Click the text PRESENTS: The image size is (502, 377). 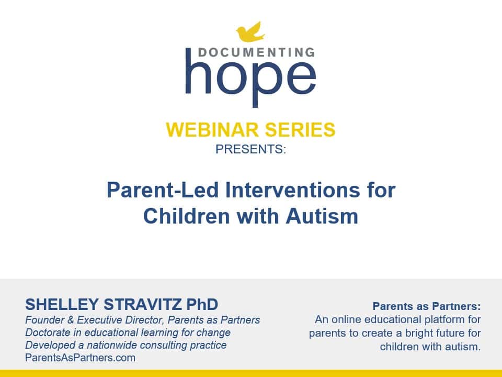[250, 149]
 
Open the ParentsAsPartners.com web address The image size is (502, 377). [80, 358]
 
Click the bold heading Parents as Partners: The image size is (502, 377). [426, 306]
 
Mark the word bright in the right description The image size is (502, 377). [411, 333]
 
